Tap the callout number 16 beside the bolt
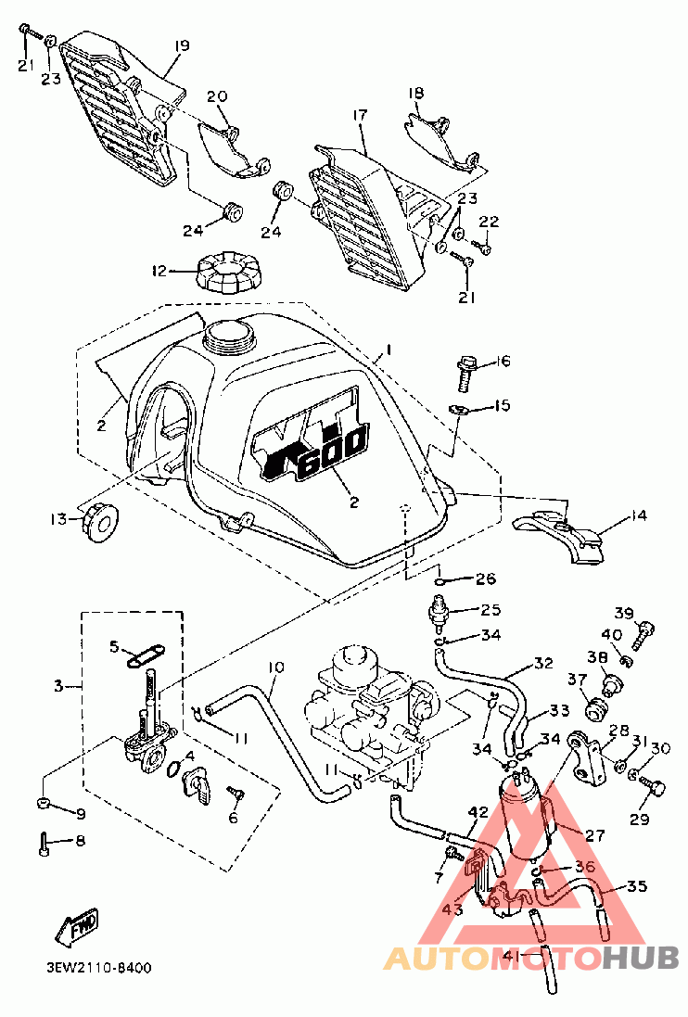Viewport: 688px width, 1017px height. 503,362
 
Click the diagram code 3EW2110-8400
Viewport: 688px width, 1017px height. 99,969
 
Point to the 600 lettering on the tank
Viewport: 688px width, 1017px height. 332,452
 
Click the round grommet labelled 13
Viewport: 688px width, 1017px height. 99,522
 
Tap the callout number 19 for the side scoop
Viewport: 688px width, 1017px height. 182,46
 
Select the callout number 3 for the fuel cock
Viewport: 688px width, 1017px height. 58,685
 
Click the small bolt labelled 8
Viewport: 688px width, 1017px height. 45,844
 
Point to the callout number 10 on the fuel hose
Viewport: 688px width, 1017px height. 275,667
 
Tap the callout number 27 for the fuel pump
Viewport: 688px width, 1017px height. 594,834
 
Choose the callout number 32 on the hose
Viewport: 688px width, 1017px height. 543,664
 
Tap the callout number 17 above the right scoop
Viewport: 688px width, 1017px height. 360,116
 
